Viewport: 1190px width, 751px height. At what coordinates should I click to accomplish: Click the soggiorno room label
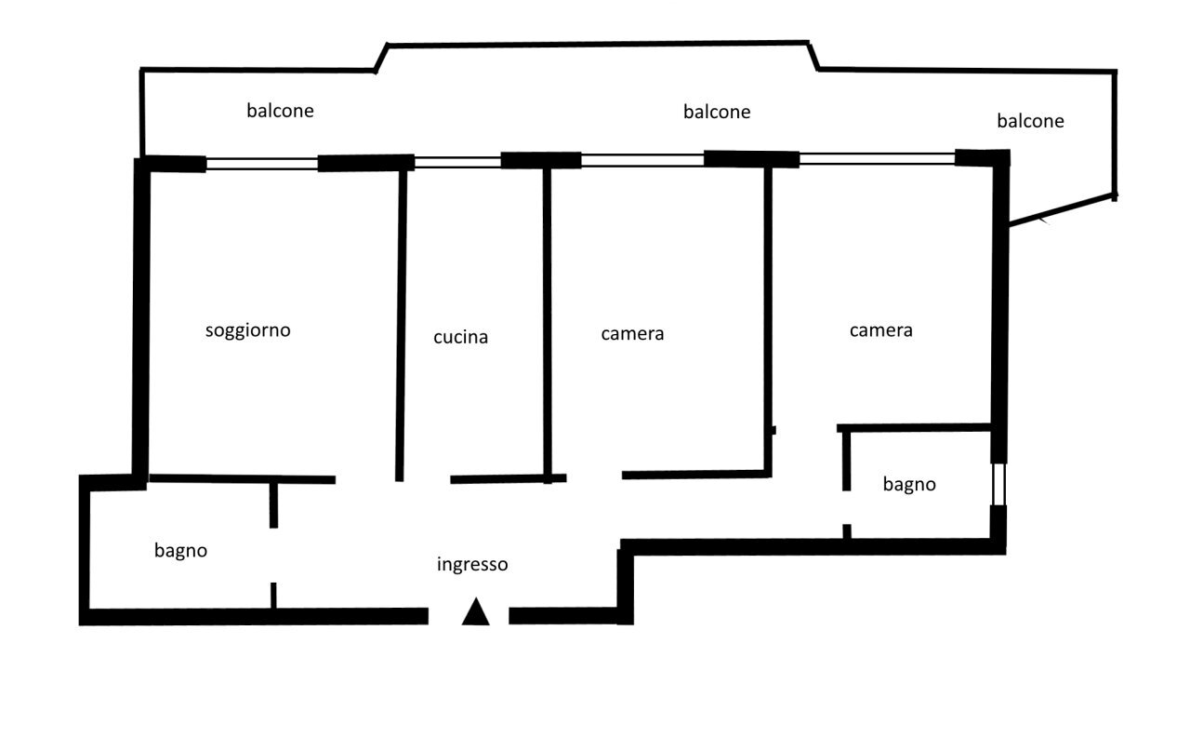[247, 330]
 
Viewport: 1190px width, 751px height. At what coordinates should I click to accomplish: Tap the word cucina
[460, 338]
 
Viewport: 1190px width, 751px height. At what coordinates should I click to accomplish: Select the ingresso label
[472, 564]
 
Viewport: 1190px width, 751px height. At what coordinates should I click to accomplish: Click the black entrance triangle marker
[476, 612]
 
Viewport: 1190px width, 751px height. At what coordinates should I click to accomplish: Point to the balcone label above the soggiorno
[280, 111]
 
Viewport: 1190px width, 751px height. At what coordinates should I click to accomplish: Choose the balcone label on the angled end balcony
[1030, 121]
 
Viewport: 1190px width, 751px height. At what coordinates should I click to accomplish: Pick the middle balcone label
[717, 112]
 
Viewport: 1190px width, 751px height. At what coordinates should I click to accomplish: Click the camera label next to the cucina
[632, 333]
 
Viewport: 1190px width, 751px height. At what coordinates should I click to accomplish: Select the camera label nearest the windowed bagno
[880, 330]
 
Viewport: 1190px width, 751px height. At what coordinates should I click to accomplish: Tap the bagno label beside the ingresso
[180, 551]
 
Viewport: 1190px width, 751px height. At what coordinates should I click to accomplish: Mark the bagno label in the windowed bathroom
[909, 485]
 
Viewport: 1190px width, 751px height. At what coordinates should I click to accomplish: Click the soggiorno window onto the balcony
[261, 164]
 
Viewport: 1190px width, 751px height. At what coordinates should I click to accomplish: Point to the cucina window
[457, 162]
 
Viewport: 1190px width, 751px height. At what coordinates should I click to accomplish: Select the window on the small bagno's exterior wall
[998, 484]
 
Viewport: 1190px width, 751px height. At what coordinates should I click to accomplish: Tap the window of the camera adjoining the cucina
[642, 160]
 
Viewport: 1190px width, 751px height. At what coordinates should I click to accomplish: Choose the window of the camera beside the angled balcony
[877, 159]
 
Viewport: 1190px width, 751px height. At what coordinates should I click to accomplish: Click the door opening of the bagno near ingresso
[273, 556]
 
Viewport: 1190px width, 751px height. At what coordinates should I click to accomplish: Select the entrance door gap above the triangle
[469, 615]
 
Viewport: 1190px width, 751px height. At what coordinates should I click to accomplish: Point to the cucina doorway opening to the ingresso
[425, 479]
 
